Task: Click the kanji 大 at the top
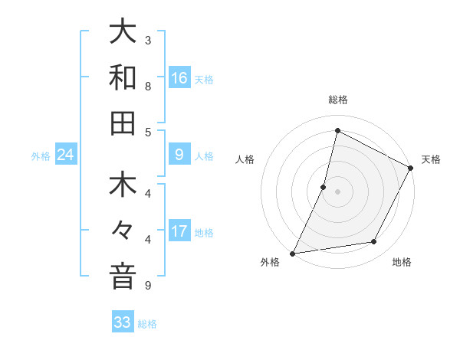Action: point(123,32)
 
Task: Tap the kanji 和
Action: point(123,78)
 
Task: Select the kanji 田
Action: point(123,123)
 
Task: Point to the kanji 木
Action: point(123,187)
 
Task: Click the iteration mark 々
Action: point(123,232)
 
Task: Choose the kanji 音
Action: point(123,277)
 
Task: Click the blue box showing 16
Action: point(179,78)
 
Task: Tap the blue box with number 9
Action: point(179,155)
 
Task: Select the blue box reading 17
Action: point(179,232)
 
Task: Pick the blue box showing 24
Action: point(66,155)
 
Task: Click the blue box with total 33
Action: point(123,322)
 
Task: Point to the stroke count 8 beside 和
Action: point(148,86)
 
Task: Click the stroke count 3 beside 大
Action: point(148,40)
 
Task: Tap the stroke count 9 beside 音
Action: point(148,286)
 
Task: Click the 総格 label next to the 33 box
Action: point(148,324)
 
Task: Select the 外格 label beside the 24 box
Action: point(41,156)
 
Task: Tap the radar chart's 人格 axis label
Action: point(245,159)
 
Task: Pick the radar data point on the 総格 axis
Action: point(337,131)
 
